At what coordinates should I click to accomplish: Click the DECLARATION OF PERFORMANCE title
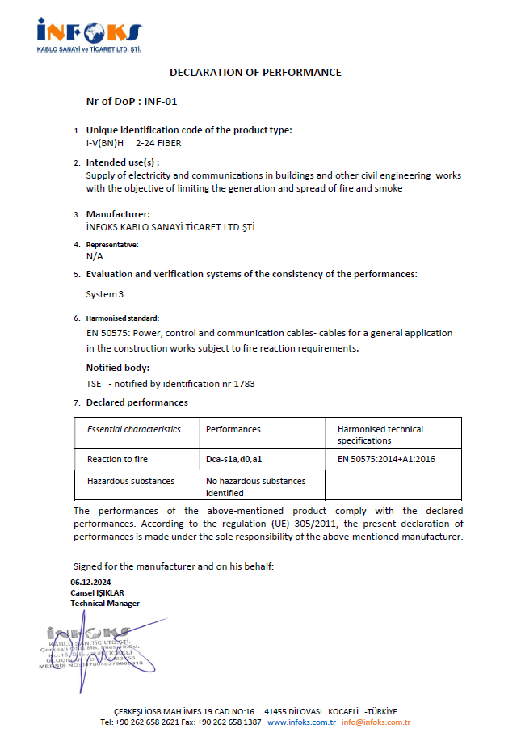pyautogui.click(x=255, y=73)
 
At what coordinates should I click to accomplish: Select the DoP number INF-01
pyautogui.click(x=160, y=102)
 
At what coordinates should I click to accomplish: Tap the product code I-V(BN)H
pyautogui.click(x=105, y=143)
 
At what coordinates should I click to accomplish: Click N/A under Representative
pyautogui.click(x=95, y=256)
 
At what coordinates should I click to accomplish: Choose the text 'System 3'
pyautogui.click(x=105, y=294)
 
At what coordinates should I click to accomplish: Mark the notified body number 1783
pyautogui.click(x=244, y=384)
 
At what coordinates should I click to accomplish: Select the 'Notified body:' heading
pyautogui.click(x=118, y=368)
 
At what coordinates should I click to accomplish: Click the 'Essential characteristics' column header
pyautogui.click(x=134, y=429)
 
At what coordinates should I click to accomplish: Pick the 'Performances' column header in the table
pyautogui.click(x=233, y=429)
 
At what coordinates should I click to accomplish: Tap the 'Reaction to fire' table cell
pyautogui.click(x=117, y=459)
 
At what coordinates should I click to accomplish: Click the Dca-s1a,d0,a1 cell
pyautogui.click(x=234, y=459)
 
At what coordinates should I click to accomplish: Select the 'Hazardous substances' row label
pyautogui.click(x=131, y=481)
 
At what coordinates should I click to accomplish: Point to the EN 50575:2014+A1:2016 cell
pyautogui.click(x=387, y=459)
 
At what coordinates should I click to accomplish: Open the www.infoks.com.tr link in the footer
pyautogui.click(x=301, y=722)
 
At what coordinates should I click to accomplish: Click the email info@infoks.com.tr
pyautogui.click(x=376, y=722)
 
